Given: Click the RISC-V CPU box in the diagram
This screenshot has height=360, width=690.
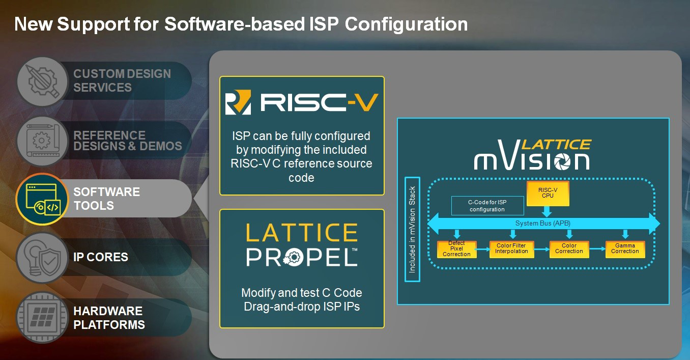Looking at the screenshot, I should pos(548,193).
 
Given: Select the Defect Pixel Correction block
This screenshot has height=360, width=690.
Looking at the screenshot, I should pos(456,249).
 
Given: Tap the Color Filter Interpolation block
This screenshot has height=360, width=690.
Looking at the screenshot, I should pos(511,249).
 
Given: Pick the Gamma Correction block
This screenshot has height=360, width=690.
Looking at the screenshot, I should pos(625,249).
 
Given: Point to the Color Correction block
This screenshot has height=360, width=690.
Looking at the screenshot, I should pos(569,249).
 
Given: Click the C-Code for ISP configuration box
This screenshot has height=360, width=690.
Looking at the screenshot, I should pos(487,206).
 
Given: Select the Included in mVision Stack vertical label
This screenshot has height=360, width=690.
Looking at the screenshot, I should pos(412,229).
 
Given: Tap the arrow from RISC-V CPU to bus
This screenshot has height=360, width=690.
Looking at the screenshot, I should pos(547,211).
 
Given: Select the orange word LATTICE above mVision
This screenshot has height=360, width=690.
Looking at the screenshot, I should pos(557,145).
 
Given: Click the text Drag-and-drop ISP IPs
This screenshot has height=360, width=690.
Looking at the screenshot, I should pos(302,307).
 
